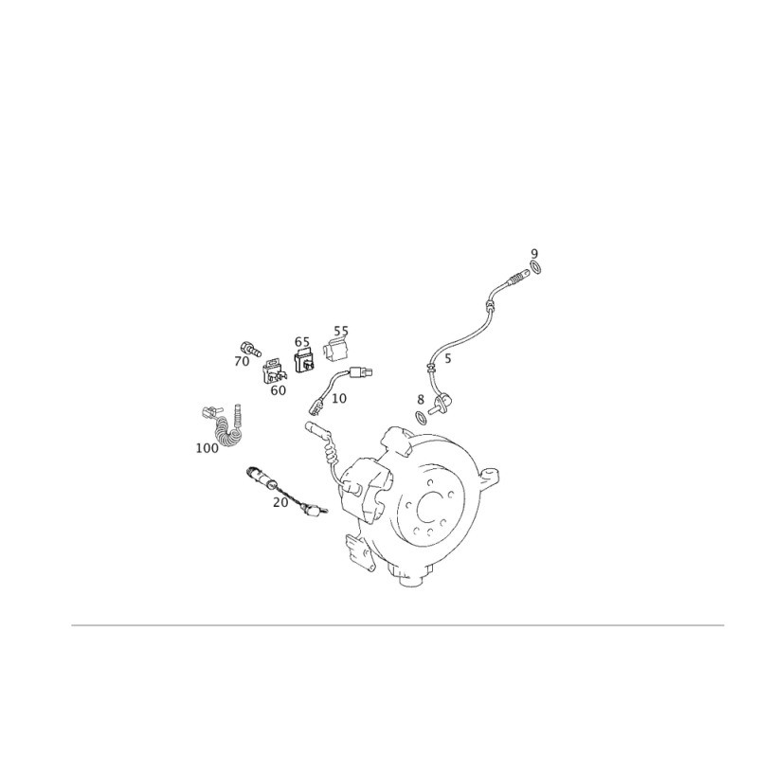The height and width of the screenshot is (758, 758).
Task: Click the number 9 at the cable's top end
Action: (x=534, y=253)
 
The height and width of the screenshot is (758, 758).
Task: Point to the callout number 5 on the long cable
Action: (x=447, y=360)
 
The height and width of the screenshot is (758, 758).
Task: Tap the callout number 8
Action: (x=420, y=401)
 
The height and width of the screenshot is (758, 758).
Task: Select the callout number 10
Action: (x=339, y=400)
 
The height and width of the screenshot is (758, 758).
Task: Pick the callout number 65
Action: (x=301, y=340)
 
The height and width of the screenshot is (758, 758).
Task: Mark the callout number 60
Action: (x=278, y=390)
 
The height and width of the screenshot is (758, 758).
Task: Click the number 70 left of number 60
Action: (x=242, y=361)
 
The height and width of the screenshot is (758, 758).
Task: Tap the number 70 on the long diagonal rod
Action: (x=280, y=501)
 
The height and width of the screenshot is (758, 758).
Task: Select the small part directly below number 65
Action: (x=305, y=358)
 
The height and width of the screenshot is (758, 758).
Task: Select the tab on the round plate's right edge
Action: (x=492, y=474)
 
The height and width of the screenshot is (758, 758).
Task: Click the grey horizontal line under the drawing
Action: (x=398, y=625)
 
